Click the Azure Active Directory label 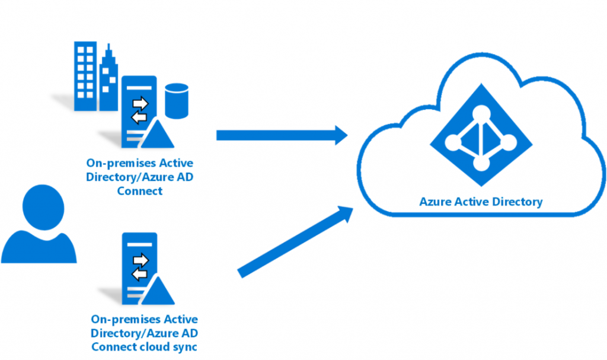[x=481, y=202]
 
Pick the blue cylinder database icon [x=175, y=101]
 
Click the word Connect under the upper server [x=140, y=191]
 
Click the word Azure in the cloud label [x=435, y=202]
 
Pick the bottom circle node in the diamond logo [x=481, y=163]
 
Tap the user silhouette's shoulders [x=39, y=246]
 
